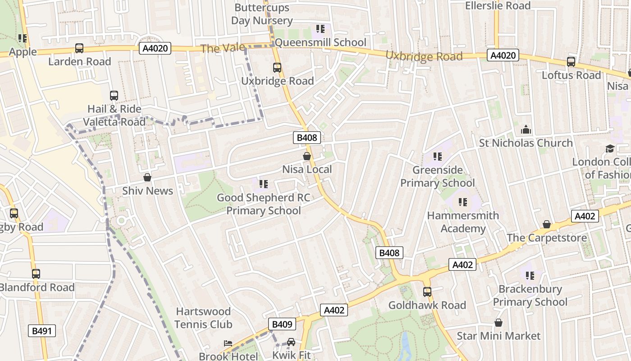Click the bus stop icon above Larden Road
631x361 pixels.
click(x=79, y=48)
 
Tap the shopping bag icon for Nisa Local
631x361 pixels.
click(x=307, y=156)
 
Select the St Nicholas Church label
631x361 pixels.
click(x=526, y=143)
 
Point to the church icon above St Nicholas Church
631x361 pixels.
click(x=526, y=130)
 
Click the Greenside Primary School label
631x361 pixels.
click(x=437, y=176)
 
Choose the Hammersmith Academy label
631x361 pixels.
click(x=463, y=222)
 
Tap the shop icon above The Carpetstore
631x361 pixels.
click(x=547, y=224)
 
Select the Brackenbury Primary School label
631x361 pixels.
click(x=530, y=296)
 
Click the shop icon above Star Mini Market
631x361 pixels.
click(x=498, y=323)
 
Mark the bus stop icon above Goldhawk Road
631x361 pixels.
click(x=427, y=292)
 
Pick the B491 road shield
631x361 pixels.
click(x=42, y=331)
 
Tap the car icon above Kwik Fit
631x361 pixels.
click(x=291, y=342)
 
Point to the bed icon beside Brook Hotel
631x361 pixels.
click(x=229, y=344)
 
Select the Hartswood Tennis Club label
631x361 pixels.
click(x=203, y=318)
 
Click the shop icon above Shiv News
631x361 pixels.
click(x=147, y=177)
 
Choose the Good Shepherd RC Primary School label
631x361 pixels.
click(x=264, y=204)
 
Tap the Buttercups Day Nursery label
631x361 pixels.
click(x=262, y=14)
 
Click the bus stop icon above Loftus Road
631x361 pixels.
click(x=571, y=62)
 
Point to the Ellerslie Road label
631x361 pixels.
click(x=498, y=6)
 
